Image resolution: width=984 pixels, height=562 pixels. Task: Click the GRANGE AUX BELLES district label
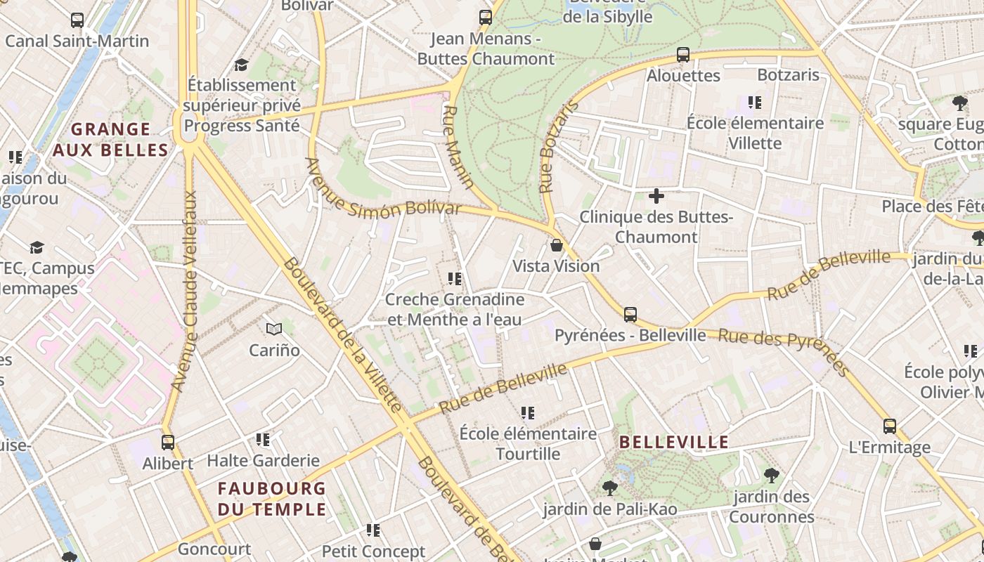(111, 139)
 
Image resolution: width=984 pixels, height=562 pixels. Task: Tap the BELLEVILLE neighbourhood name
(673, 442)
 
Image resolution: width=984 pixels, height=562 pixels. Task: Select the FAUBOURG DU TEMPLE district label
(271, 499)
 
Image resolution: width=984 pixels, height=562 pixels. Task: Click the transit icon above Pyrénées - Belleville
(630, 314)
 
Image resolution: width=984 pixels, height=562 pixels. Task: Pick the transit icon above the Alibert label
(168, 442)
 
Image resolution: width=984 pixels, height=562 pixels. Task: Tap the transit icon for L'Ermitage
(889, 426)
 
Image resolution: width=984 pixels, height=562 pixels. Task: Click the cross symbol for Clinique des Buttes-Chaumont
(656, 196)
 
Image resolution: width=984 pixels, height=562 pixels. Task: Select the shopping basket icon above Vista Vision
(556, 245)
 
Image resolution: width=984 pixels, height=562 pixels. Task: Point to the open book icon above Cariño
(274, 329)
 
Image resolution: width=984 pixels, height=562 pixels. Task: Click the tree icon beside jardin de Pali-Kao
(609, 488)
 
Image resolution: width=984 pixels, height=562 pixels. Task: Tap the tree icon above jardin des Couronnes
(771, 476)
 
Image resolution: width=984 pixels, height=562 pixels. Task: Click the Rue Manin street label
(458, 148)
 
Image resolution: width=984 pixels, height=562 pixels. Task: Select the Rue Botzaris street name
(558, 147)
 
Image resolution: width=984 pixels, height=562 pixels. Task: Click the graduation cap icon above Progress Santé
(242, 65)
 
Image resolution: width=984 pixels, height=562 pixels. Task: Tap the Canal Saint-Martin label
(77, 41)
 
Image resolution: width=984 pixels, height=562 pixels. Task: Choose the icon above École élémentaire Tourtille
(527, 412)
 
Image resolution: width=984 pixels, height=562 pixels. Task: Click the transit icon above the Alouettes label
(682, 54)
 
